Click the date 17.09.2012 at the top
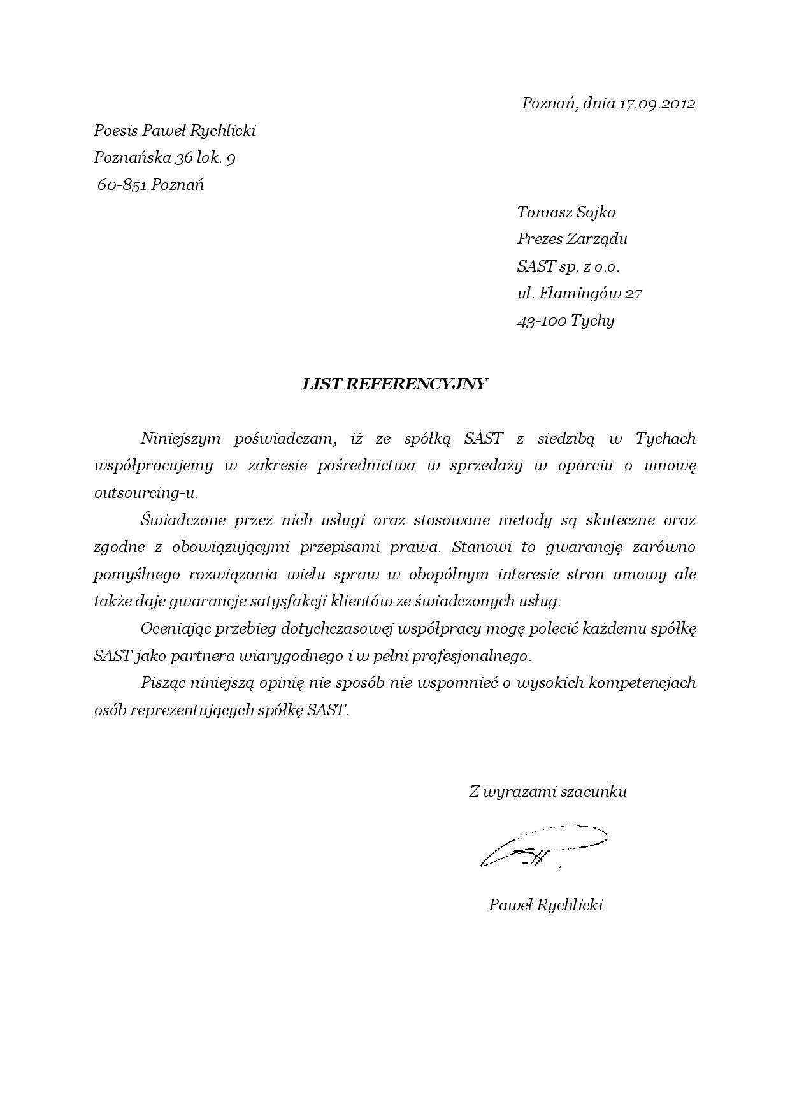pos(656,103)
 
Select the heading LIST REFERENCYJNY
pos(394,384)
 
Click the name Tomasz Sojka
pos(566,212)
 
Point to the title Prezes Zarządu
pos(571,239)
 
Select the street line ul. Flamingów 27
pos(578,293)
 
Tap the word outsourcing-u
pos(146,493)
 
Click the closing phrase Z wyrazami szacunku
pos(547,792)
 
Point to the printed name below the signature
pos(545,904)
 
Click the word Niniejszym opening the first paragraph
pos(180,439)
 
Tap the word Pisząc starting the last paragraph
pos(163,683)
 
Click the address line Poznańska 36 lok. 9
pos(164,157)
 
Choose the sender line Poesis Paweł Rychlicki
pos(175,131)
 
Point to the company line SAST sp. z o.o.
pos(568,266)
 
